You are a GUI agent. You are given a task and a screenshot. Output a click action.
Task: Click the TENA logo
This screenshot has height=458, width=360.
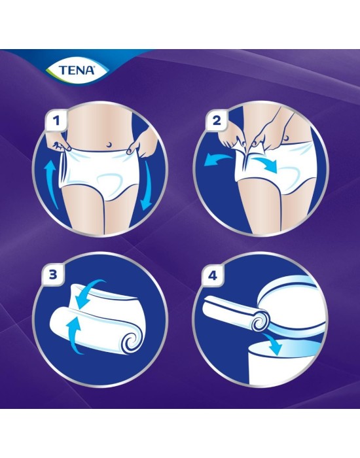pos(77,70)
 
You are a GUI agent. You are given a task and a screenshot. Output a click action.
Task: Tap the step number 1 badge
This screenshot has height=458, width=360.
pos(57,120)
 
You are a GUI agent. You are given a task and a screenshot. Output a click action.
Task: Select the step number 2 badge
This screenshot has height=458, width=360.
pos(217,120)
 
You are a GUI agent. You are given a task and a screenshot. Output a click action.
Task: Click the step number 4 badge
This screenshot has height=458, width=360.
pos(213,275)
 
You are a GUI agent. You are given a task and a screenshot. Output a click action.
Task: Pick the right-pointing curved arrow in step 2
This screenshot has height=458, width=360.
pos(264,164)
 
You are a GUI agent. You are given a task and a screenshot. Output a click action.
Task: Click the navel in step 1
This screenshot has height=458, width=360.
pos(109,145)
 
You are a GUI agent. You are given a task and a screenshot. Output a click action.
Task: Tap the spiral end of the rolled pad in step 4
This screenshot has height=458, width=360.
pos(259,323)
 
